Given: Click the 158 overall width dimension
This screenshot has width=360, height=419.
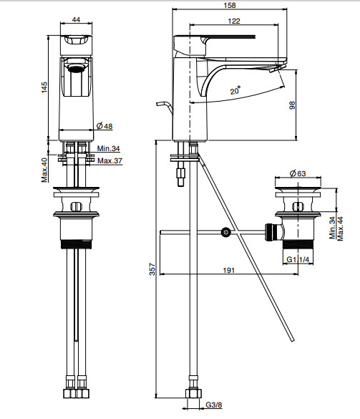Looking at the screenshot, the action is pyautogui.click(x=230, y=5).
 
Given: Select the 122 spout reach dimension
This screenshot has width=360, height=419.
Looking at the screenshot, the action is pyautogui.click(x=234, y=21).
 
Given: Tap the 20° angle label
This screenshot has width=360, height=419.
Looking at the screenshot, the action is pyautogui.click(x=235, y=90).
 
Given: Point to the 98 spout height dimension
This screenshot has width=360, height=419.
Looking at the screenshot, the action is pyautogui.click(x=292, y=105).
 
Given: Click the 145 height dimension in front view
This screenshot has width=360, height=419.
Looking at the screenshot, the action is pyautogui.click(x=44, y=87).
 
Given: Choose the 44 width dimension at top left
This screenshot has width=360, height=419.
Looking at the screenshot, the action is pyautogui.click(x=76, y=19).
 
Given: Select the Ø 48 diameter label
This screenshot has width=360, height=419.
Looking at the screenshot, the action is pyautogui.click(x=104, y=126).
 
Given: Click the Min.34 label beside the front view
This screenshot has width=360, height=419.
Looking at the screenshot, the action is pyautogui.click(x=108, y=148).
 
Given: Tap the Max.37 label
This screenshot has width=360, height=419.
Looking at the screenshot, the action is pyautogui.click(x=110, y=160).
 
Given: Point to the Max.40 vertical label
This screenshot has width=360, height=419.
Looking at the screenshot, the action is pyautogui.click(x=44, y=170).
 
